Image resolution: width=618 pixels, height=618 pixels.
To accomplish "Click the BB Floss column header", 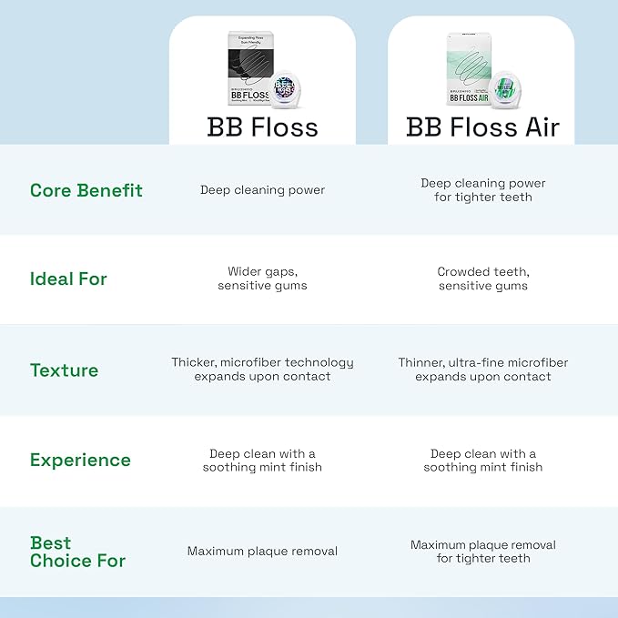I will coord(262,127).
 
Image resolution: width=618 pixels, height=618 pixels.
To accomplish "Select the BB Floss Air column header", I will coord(482,127).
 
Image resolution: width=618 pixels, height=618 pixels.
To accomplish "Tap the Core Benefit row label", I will coord(86,190).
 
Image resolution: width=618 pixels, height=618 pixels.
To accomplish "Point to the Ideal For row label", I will coord(68,279).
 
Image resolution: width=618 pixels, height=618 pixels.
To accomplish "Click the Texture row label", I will coord(64,370).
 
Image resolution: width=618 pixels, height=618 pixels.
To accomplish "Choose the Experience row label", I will coord(80,461).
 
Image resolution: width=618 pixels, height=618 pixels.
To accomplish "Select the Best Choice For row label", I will coord(77,552).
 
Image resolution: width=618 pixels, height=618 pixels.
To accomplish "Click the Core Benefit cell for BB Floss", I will coord(262,190).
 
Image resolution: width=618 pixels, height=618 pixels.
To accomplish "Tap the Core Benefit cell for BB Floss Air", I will coord(482,190).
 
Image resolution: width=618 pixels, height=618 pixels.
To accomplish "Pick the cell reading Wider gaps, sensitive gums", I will coord(262,279).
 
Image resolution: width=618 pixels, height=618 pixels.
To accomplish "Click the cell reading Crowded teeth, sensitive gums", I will coord(482,279).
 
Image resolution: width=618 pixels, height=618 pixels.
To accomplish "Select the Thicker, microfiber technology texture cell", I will coord(262,370).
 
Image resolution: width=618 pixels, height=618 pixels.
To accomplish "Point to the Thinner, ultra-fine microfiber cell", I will coord(482,370).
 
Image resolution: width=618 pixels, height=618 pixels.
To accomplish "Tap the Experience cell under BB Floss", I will coord(262,461).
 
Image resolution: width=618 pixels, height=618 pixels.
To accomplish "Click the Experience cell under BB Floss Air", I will coord(482,461).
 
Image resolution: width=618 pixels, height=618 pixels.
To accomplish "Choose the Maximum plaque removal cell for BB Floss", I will coord(262,552).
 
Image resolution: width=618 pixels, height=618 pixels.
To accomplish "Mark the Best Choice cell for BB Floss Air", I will coord(482,552).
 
